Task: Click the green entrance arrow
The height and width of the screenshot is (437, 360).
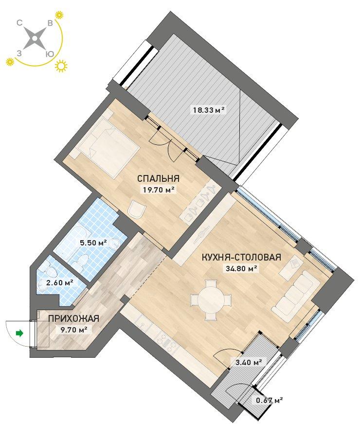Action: [20, 333]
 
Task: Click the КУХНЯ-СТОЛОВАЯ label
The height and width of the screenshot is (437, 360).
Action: [241, 257]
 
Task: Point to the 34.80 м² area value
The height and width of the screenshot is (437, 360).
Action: [240, 269]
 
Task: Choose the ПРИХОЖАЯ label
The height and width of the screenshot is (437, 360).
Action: [73, 318]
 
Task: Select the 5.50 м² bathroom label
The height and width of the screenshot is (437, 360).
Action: [93, 243]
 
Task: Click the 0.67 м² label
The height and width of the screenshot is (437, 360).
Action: [270, 401]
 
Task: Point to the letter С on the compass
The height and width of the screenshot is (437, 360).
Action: [19, 24]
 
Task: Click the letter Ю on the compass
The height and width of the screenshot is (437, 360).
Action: [49, 54]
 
